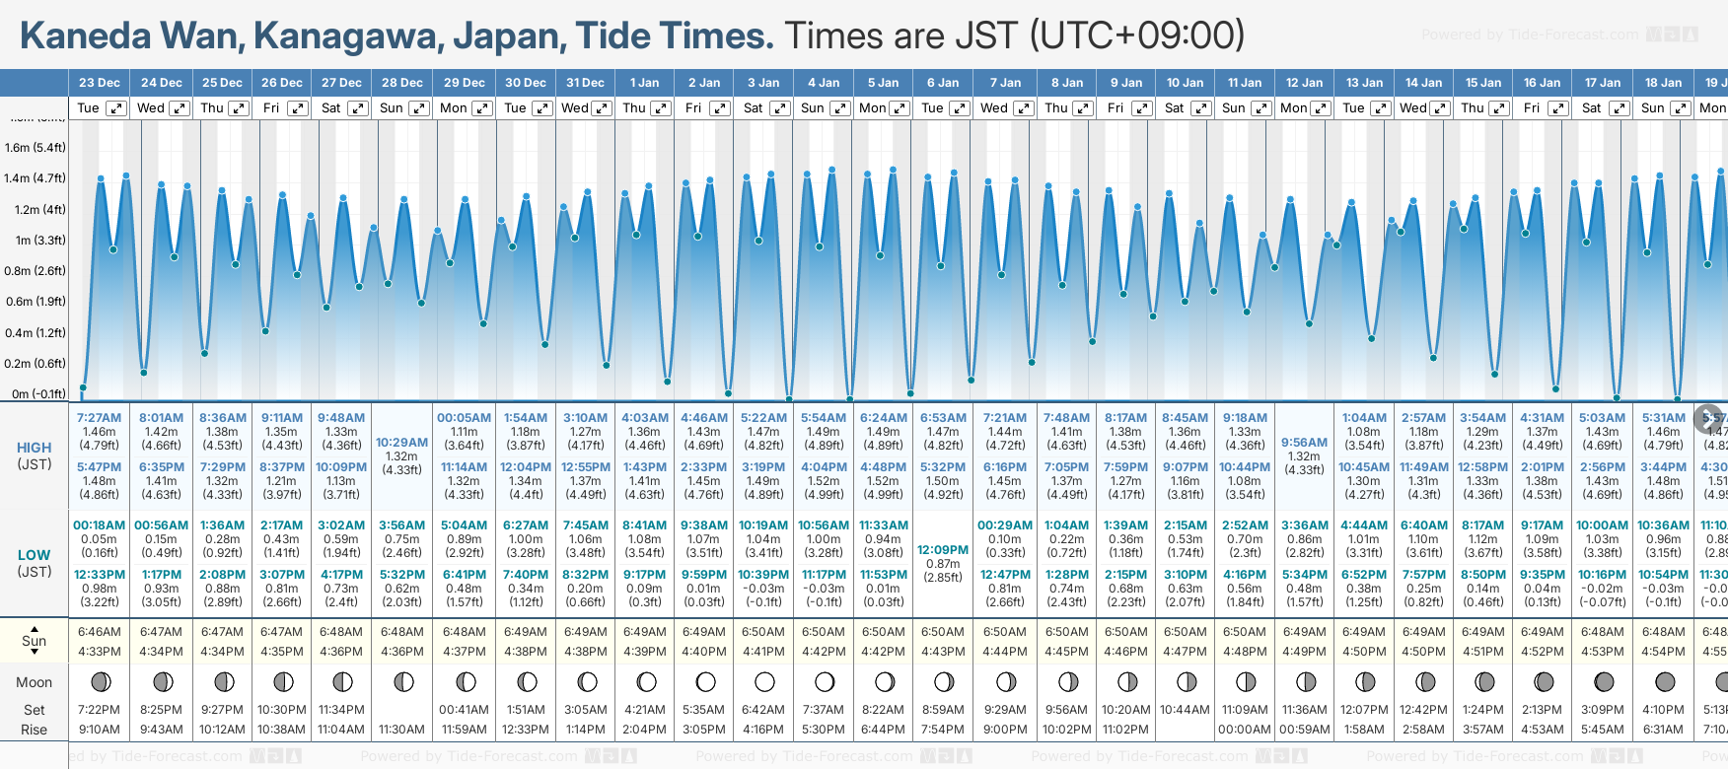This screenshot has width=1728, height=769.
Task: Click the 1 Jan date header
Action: click(x=644, y=83)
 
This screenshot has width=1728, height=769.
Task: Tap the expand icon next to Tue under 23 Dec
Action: click(x=116, y=108)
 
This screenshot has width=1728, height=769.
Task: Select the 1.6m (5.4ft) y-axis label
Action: click(x=36, y=148)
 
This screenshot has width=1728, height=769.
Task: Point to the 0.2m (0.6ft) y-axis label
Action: click(x=36, y=364)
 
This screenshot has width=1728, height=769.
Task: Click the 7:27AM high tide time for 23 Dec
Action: click(x=99, y=418)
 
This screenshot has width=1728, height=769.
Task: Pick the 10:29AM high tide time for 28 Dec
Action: click(x=402, y=443)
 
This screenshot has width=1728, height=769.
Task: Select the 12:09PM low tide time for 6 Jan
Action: click(x=943, y=550)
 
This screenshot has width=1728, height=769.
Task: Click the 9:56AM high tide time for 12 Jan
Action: click(x=1304, y=443)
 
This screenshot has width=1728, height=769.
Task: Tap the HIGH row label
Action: click(x=35, y=448)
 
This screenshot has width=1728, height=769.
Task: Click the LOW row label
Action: click(x=35, y=555)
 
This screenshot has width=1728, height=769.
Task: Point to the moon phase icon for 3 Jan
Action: click(x=764, y=682)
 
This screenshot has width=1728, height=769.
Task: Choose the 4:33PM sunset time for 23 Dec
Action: click(x=99, y=652)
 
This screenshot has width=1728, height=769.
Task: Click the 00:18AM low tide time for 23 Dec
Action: click(x=99, y=525)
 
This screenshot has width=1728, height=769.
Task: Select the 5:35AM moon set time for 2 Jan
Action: click(x=704, y=710)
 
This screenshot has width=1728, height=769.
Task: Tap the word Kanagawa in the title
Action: click(x=344, y=36)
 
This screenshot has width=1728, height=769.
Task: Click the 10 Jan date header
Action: click(x=1185, y=83)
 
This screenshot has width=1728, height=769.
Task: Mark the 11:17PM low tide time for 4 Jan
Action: click(x=824, y=575)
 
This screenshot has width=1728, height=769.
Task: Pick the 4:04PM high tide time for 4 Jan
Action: click(x=824, y=467)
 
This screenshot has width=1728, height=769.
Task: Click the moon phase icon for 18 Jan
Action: click(x=1665, y=682)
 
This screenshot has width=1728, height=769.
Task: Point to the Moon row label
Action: click(x=35, y=682)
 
